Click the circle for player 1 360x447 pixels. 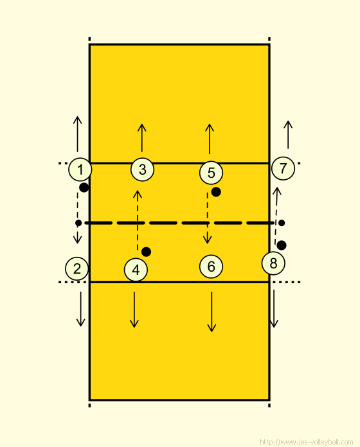click(80, 170)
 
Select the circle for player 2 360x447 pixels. click(77, 268)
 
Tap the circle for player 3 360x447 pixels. click(142, 170)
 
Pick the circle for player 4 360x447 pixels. click(136, 270)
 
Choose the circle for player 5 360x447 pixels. click(211, 173)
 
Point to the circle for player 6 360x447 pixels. click(211, 267)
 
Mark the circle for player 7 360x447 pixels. click(283, 168)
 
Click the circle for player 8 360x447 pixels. click(273, 263)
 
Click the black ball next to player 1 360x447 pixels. click(84, 188)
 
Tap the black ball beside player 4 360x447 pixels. click(147, 252)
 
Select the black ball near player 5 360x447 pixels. click(216, 192)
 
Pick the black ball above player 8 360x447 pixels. click(282, 245)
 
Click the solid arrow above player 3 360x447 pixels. click(142, 138)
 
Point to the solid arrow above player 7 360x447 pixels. click(288, 135)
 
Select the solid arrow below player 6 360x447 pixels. click(212, 311)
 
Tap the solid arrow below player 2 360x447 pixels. click(81, 309)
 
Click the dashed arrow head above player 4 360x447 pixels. click(138, 194)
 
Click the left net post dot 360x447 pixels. click(78, 223)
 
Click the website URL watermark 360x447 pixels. click(307, 442)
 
